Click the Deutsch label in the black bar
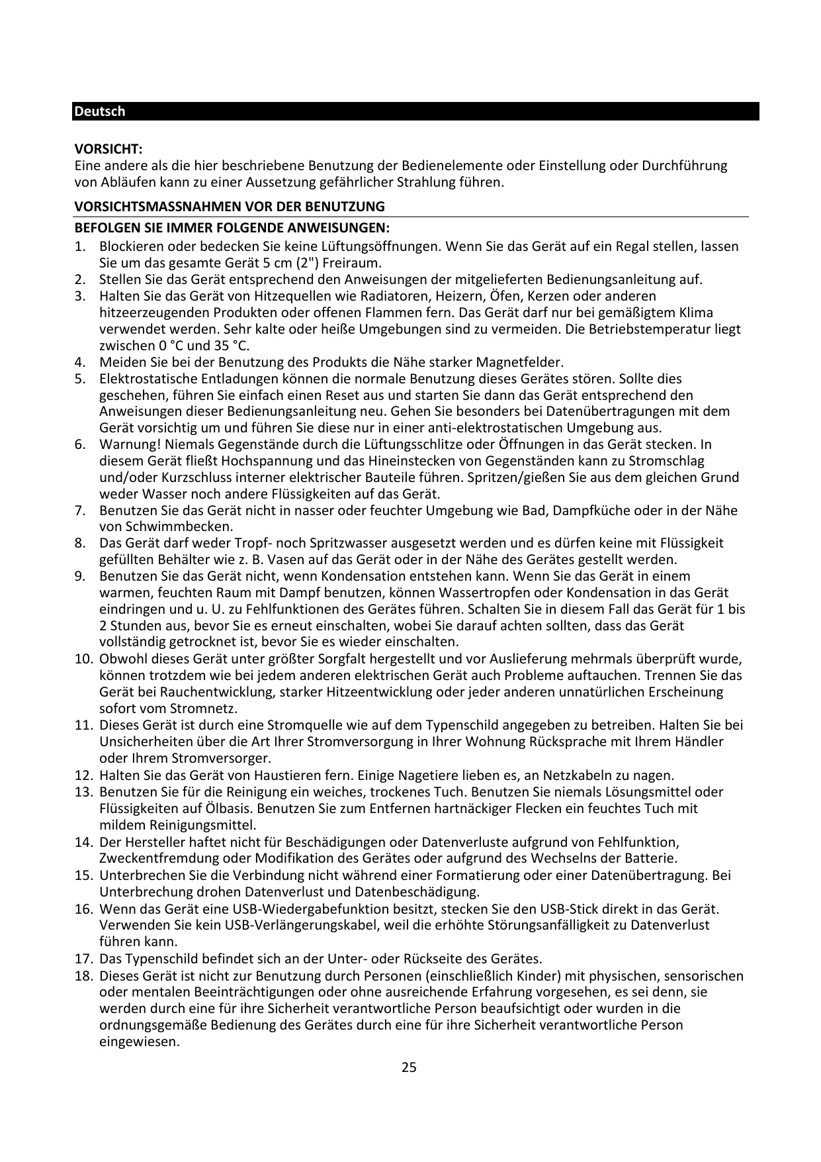pyautogui.click(x=99, y=111)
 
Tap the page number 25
pyautogui.click(x=410, y=1067)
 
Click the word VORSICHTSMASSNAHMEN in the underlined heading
pyautogui.click(x=146, y=207)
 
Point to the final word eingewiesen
pyautogui.click(x=139, y=1041)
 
